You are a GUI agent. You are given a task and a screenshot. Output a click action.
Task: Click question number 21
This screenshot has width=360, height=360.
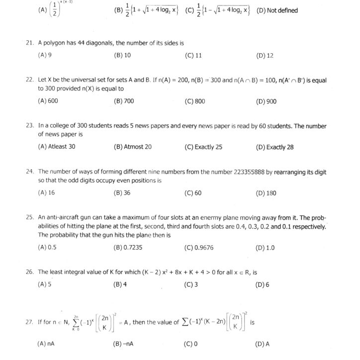29,43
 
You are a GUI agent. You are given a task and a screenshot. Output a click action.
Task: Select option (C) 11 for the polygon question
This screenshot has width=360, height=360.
193,56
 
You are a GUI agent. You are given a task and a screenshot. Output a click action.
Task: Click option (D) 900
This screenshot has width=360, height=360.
266,101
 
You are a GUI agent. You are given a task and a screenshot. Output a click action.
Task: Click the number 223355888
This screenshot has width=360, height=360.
249,172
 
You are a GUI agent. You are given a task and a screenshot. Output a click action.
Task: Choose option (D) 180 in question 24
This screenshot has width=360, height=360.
266,193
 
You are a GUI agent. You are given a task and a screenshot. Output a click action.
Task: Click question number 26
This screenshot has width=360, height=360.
29,271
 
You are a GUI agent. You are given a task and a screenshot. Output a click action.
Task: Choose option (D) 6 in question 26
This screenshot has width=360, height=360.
263,284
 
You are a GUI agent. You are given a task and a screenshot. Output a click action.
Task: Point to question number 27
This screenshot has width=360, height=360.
29,322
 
